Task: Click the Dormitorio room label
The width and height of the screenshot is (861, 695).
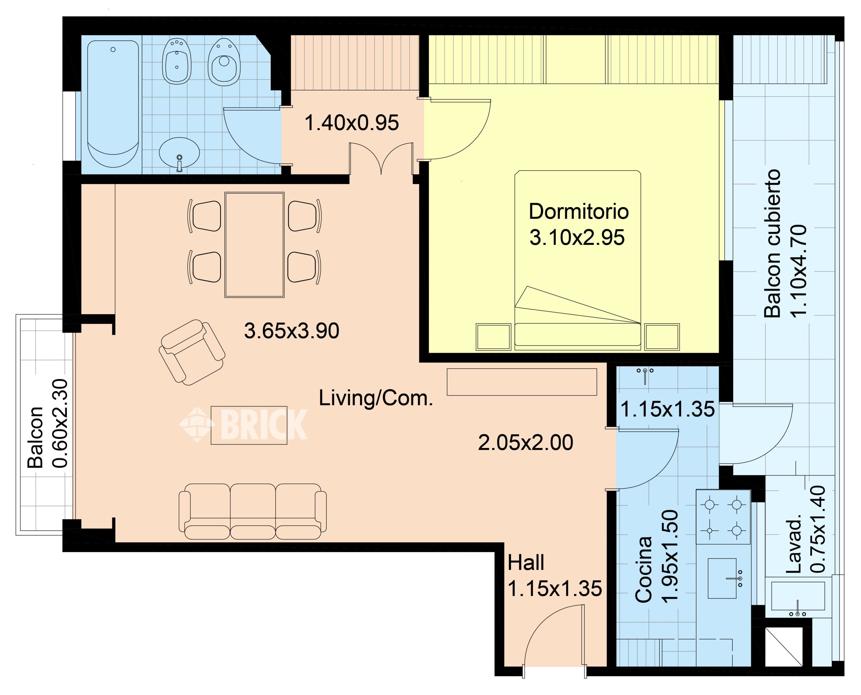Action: pos(579,211)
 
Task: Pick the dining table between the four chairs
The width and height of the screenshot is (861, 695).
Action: pos(254,245)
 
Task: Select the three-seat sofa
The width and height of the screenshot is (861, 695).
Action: pos(252,511)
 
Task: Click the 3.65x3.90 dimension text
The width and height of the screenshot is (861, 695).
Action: pos(292,331)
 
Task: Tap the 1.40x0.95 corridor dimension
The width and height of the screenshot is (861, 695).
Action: pos(352,123)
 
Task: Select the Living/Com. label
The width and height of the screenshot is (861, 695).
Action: pos(376,398)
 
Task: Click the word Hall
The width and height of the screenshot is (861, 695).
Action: pos(526,563)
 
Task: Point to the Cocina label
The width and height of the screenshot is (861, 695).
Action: pos(643,569)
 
